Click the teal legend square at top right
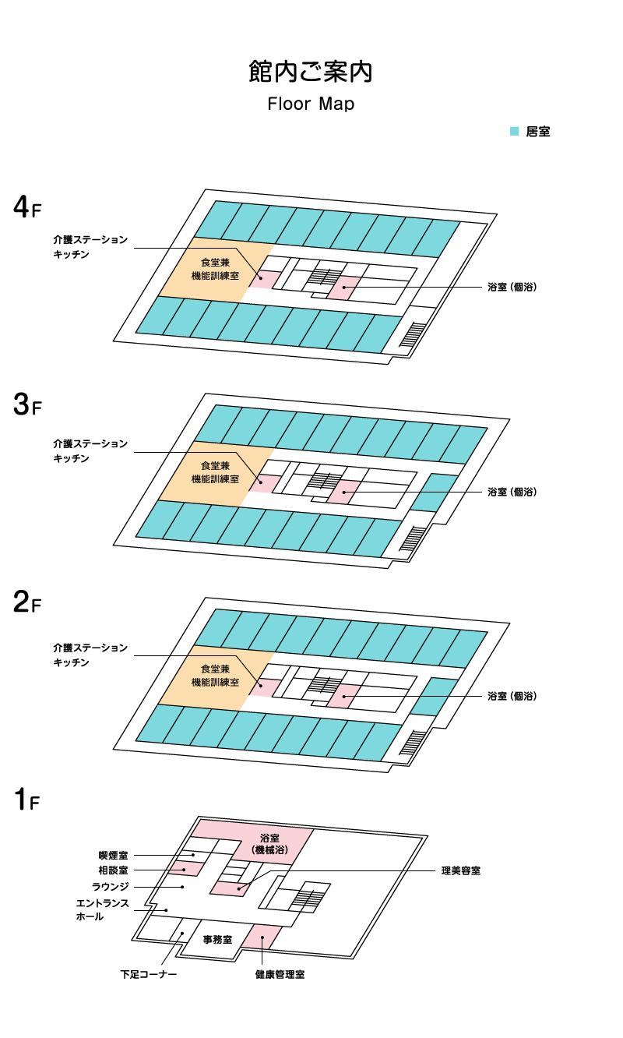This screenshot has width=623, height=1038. tap(515, 131)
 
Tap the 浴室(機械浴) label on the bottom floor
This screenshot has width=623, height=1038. tap(269, 844)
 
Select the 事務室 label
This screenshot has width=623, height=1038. tap(217, 940)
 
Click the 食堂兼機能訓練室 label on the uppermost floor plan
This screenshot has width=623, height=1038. tap(215, 270)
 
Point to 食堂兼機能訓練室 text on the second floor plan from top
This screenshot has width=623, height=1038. tap(215, 472)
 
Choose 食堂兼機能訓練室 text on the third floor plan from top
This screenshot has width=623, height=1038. tap(215, 676)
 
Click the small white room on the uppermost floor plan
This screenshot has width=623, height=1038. tap(297, 281)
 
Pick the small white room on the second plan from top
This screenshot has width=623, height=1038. tap(297, 485)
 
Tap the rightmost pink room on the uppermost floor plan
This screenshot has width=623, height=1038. tap(343, 288)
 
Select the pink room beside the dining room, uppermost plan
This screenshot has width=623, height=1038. tap(266, 280)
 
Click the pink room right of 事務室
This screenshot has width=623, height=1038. tap(262, 937)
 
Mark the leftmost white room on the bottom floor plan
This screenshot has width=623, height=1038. tap(159, 928)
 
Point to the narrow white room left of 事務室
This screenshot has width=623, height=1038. tap(186, 930)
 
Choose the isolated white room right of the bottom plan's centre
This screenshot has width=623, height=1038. tap(283, 900)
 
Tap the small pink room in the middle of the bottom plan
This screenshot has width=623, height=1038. tap(229, 888)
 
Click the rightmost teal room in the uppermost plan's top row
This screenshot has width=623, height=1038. tap(436, 238)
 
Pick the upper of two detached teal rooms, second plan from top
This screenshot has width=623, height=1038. tap(439, 483)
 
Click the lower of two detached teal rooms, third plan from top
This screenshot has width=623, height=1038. tap(430, 705)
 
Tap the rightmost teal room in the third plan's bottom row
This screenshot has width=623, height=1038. tap(378, 742)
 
